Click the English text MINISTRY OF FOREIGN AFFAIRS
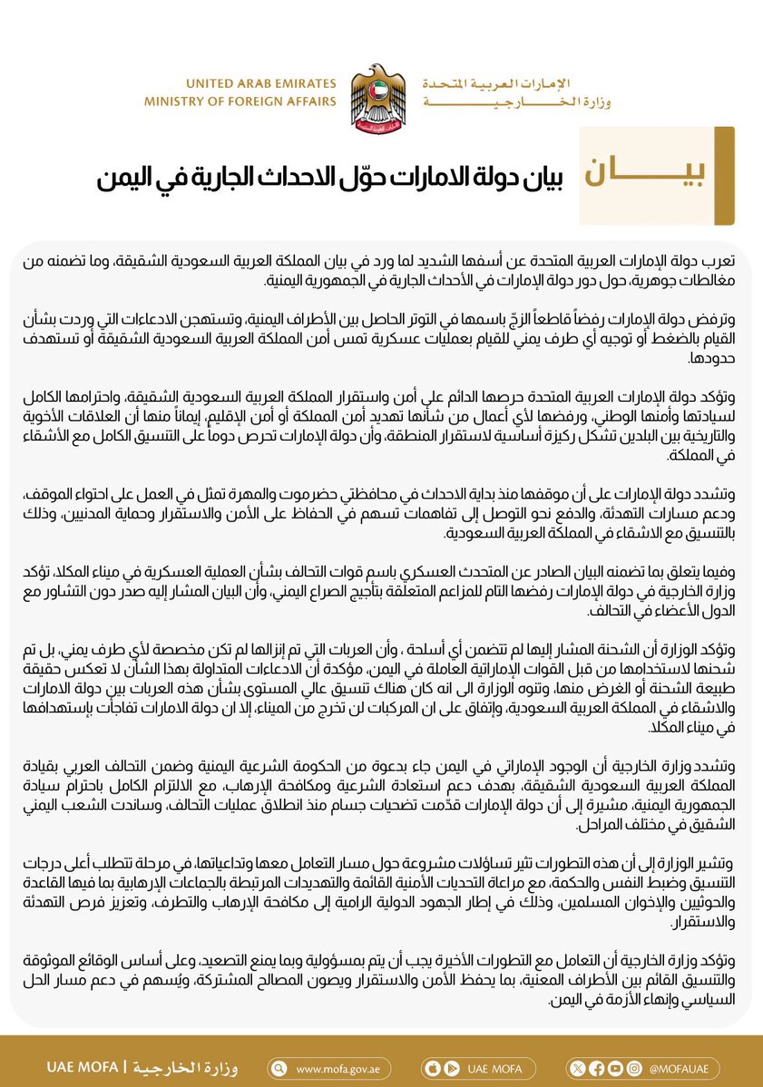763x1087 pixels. click(240, 102)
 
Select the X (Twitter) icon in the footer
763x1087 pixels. click(579, 1069)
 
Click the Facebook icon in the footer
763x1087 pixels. click(596, 1069)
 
